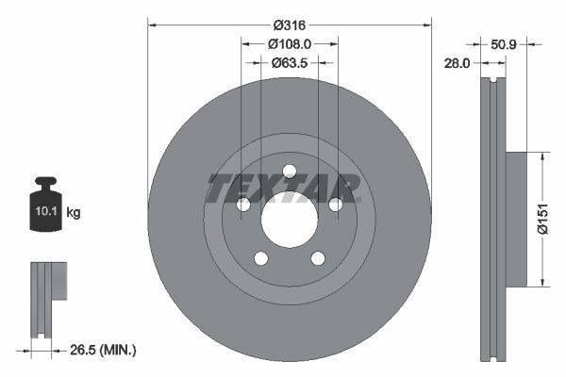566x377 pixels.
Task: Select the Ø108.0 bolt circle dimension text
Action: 290,43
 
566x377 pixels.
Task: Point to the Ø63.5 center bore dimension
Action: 290,63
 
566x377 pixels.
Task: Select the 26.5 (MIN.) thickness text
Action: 105,350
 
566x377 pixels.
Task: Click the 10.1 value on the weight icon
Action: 46,213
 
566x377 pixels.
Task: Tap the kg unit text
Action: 74,213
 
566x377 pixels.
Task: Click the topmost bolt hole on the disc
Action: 290,172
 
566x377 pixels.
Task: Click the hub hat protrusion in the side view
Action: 516,219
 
